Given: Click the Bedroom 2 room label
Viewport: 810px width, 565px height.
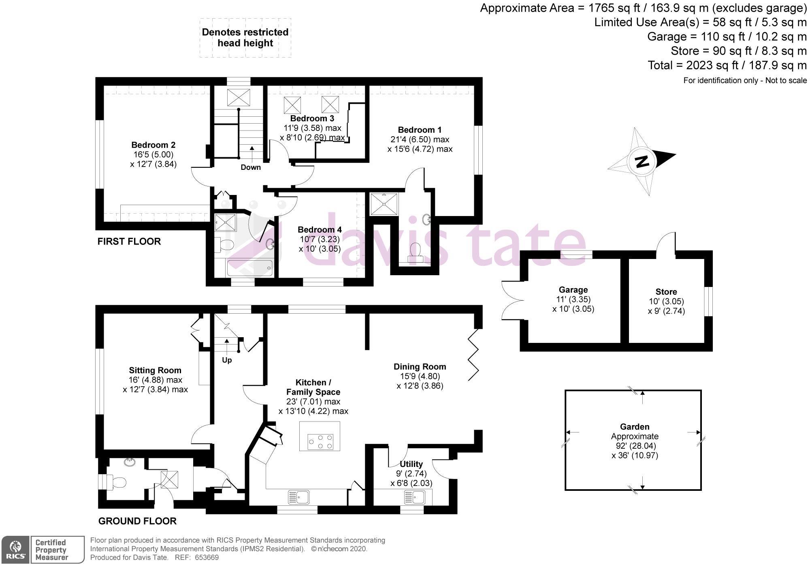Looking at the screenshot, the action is click(x=153, y=145).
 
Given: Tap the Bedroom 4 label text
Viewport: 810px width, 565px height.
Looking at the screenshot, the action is click(x=320, y=229).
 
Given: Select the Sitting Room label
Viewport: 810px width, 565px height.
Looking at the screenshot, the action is click(x=155, y=370).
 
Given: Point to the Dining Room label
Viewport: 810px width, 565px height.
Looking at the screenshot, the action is click(x=420, y=366).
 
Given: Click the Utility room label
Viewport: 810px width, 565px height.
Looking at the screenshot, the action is click(x=411, y=464).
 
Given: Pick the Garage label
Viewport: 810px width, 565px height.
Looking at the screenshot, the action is click(x=573, y=290).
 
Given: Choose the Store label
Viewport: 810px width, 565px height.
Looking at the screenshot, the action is click(x=666, y=292).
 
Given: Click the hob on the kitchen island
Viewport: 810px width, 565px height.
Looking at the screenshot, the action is click(x=320, y=441).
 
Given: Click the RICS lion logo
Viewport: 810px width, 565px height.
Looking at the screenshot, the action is click(x=15, y=550).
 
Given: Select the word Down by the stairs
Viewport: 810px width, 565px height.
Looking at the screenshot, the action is click(x=251, y=167).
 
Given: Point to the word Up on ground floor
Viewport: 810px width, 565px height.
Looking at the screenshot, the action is click(x=227, y=360).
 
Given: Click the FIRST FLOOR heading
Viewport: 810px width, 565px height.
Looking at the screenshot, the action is click(x=129, y=242).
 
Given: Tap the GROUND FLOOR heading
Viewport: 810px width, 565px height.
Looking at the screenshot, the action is click(x=137, y=521).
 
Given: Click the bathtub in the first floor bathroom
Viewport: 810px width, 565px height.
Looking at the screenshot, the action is click(x=249, y=268).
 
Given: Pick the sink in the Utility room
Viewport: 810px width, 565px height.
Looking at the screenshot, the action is click(x=416, y=497).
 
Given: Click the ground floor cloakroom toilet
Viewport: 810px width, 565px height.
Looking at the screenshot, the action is click(x=119, y=483).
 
